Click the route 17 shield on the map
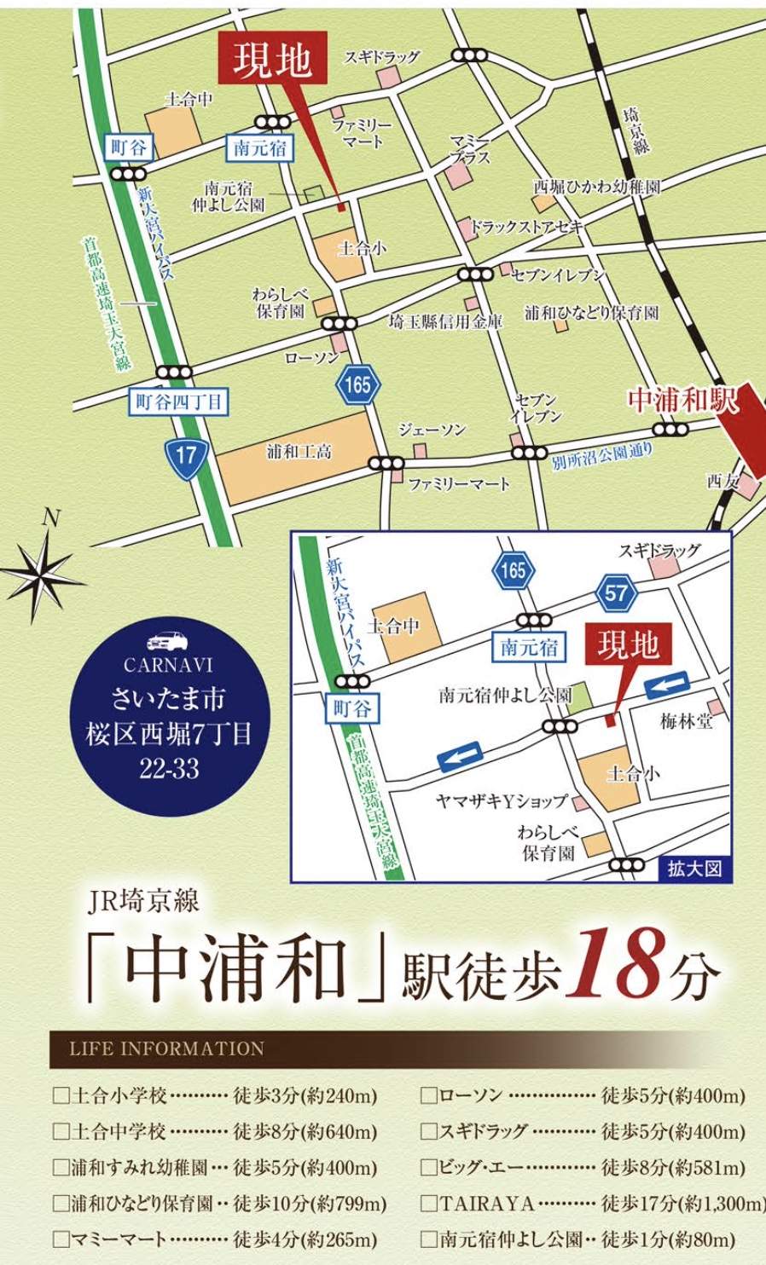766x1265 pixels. tap(186, 453)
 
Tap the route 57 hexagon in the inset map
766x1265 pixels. tap(616, 592)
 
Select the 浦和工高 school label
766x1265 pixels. tap(299, 451)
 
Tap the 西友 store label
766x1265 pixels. tap(722, 481)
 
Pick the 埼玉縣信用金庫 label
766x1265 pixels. tap(445, 321)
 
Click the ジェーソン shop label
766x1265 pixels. tap(432, 430)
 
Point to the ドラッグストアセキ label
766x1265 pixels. tap(525, 227)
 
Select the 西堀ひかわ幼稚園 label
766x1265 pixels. tap(596, 186)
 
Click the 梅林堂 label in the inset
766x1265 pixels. tap(686, 721)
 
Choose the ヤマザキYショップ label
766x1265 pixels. tap(502, 800)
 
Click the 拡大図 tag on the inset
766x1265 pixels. tap(694, 868)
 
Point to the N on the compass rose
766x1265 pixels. tap(52, 517)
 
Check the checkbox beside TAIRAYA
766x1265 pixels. tap(429, 1204)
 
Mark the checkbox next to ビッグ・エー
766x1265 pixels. tap(429, 1167)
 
